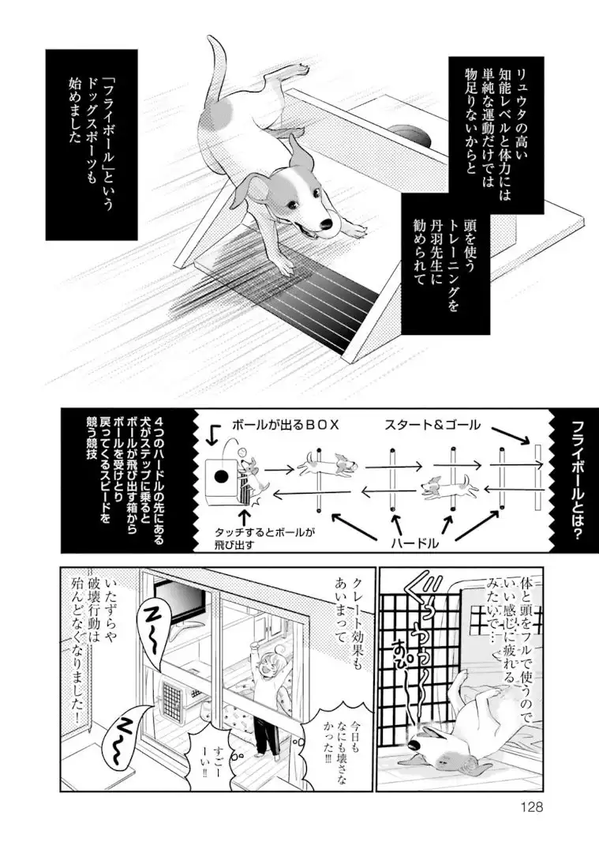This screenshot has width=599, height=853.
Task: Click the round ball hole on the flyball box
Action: [x=413, y=133]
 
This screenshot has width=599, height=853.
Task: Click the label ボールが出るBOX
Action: [x=285, y=424]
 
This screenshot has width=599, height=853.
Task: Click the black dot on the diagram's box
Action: [x=223, y=476]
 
